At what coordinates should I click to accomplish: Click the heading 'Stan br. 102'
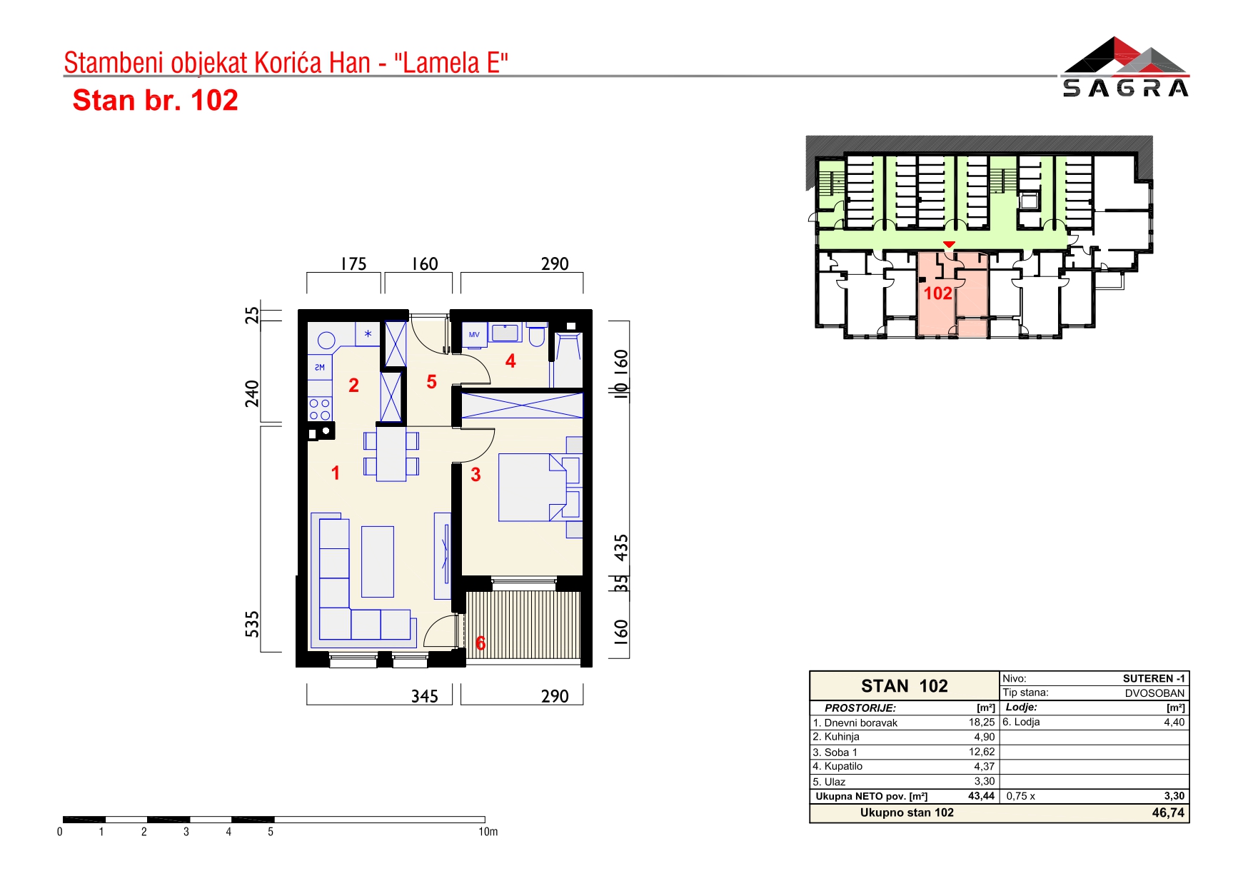click(x=155, y=101)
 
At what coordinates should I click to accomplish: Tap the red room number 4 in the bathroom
click(x=510, y=361)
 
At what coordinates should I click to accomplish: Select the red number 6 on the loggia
click(x=480, y=643)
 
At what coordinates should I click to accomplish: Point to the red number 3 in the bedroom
click(x=475, y=475)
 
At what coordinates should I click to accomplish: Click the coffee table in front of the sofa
click(x=378, y=561)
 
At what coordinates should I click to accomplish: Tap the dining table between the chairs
click(x=391, y=453)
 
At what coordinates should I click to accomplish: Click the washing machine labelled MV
click(x=475, y=334)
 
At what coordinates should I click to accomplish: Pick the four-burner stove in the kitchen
click(x=320, y=409)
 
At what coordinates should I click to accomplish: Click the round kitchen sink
click(x=326, y=341)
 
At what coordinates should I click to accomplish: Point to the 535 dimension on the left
click(x=252, y=623)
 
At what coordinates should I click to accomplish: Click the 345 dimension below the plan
click(x=425, y=696)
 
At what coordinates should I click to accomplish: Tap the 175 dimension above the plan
click(x=353, y=264)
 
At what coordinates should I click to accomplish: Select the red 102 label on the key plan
click(x=938, y=293)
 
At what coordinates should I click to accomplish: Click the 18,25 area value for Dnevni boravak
click(x=982, y=723)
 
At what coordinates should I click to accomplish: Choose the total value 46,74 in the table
click(x=1168, y=812)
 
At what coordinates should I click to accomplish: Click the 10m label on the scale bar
click(x=488, y=832)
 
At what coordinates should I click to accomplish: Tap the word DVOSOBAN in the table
click(x=1154, y=693)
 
